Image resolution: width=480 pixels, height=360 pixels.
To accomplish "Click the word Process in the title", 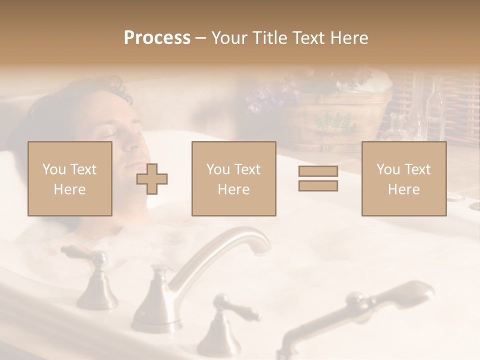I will click(x=157, y=37).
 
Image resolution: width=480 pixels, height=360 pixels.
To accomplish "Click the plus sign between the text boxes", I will click(x=152, y=178).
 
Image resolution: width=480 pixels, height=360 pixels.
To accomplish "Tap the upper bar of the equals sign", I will click(x=318, y=171).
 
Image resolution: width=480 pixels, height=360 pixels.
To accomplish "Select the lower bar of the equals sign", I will click(x=318, y=186).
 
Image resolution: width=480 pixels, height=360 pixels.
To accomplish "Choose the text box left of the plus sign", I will click(x=70, y=178).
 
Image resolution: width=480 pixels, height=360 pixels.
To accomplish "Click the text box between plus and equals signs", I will click(x=234, y=178).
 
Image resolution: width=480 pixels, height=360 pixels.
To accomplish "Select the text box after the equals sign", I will click(x=404, y=178).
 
